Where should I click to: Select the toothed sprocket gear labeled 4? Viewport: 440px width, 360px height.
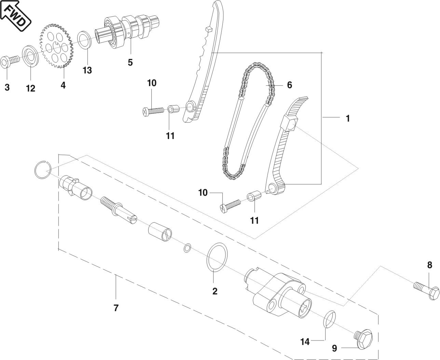[x=57, y=45]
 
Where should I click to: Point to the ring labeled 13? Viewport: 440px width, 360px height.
[x=85, y=40]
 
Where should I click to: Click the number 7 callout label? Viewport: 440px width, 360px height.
[x=116, y=308]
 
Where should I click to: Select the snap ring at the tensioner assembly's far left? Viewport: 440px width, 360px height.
[x=43, y=168]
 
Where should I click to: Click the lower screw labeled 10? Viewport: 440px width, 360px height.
[x=230, y=205]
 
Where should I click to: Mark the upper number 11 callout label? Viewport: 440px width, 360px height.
[x=170, y=136]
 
